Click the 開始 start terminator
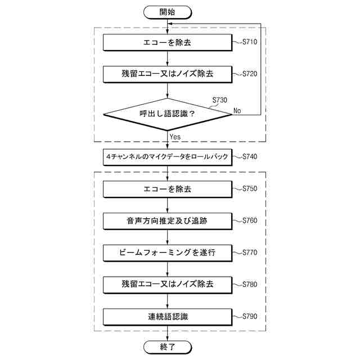pyautogui.click(x=167, y=11)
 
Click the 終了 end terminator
pyautogui.click(x=167, y=348)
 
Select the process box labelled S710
pyautogui.click(x=167, y=42)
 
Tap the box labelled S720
pyautogui.click(x=167, y=74)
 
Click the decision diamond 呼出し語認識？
pyautogui.click(x=167, y=114)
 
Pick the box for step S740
pyautogui.click(x=167, y=157)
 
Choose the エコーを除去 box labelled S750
pyautogui.click(x=167, y=189)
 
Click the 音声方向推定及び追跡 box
pyautogui.click(x=167, y=221)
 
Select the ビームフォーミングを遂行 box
pyautogui.click(x=167, y=253)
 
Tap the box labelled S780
pyautogui.click(x=167, y=285)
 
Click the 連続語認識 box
pyautogui.click(x=167, y=317)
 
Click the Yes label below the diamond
pyautogui.click(x=175, y=137)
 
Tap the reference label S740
pyautogui.click(x=250, y=157)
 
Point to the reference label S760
pyautogui.click(x=250, y=220)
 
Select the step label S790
pyautogui.click(x=250, y=317)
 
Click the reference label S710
pyautogui.click(x=250, y=42)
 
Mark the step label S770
pyautogui.click(x=250, y=253)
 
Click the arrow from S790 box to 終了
pyautogui.click(x=167, y=333)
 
